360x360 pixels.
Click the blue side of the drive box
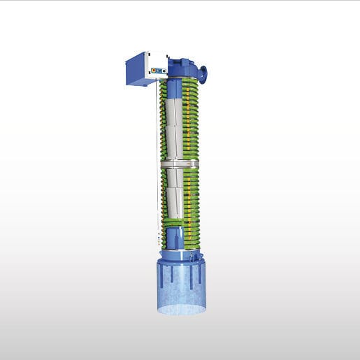[x=138, y=69]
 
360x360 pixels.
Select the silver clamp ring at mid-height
[x=180, y=164]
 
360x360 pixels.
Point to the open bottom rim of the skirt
[x=182, y=310]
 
